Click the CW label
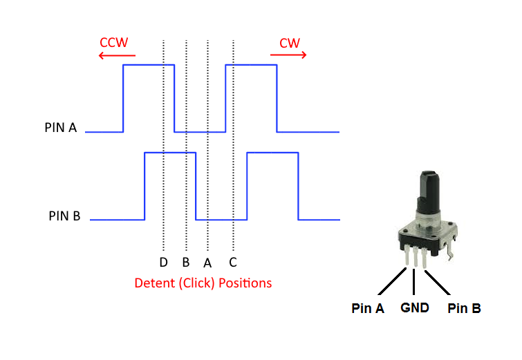(x=289, y=43)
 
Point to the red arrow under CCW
(x=117, y=55)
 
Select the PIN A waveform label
(x=61, y=128)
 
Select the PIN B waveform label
(x=65, y=216)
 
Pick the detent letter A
(x=207, y=263)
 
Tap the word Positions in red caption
(x=245, y=283)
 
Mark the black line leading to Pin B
(x=440, y=283)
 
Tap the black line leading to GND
(x=415, y=283)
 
